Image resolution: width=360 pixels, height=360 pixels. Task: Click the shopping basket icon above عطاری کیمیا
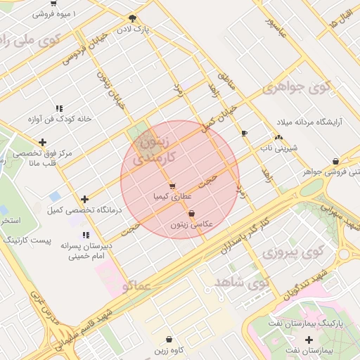(172, 186)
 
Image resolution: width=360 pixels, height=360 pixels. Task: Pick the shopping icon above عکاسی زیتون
(191, 213)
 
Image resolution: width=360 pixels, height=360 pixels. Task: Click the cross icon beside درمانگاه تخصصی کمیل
(85, 200)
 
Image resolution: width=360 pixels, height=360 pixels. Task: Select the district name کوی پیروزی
(287, 250)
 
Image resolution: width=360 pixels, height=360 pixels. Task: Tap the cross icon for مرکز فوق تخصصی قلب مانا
(43, 143)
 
